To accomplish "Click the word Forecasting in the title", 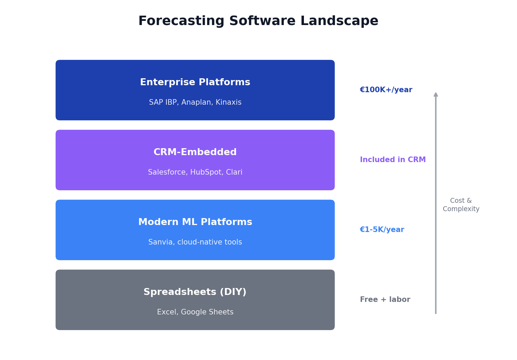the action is (181, 21).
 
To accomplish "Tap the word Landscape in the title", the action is (339, 21).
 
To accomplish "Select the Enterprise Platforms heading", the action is (195, 82).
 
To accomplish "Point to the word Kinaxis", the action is (228, 102).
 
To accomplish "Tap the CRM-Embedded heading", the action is (195, 152).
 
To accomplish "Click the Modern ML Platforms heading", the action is (195, 222).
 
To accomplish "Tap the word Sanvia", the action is (162, 242).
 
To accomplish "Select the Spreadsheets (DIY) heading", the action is (195, 292).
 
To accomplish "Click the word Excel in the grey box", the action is (167, 312).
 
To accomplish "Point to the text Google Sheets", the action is (207, 312).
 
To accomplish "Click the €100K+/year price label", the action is (386, 90).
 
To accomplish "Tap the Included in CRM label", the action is (393, 160).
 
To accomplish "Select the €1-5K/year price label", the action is (382, 230).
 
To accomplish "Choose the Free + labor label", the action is (385, 299).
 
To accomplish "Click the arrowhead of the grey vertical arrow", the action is (436, 95).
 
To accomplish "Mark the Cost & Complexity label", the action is (461, 205).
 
